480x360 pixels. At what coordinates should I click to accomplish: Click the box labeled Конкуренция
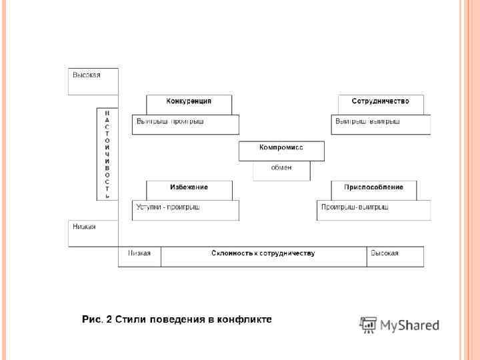click(189, 101)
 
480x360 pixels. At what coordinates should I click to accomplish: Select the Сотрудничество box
click(380, 101)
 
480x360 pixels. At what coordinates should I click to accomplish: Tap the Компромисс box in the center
click(281, 148)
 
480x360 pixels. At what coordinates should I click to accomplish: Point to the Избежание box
click(189, 187)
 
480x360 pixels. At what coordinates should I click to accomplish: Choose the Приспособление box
click(373, 187)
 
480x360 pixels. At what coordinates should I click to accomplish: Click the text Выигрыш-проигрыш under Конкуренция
click(170, 122)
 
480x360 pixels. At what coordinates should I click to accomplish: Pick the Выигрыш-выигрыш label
click(367, 122)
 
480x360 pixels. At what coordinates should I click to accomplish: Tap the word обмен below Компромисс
click(281, 167)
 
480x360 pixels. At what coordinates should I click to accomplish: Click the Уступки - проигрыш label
click(168, 207)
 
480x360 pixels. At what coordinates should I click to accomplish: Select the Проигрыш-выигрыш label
click(355, 207)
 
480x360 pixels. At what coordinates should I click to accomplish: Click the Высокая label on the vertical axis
click(87, 75)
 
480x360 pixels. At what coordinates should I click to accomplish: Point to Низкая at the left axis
click(84, 227)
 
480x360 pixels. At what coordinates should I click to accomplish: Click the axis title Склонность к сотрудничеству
click(263, 253)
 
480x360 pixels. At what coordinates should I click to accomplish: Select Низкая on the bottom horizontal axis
click(139, 253)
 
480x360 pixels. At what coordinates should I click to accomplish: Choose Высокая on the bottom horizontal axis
click(385, 253)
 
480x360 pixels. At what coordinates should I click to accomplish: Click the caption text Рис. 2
click(97, 320)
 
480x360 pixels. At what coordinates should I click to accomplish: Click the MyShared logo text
click(410, 325)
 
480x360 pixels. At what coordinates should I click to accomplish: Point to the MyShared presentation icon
click(367, 325)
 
